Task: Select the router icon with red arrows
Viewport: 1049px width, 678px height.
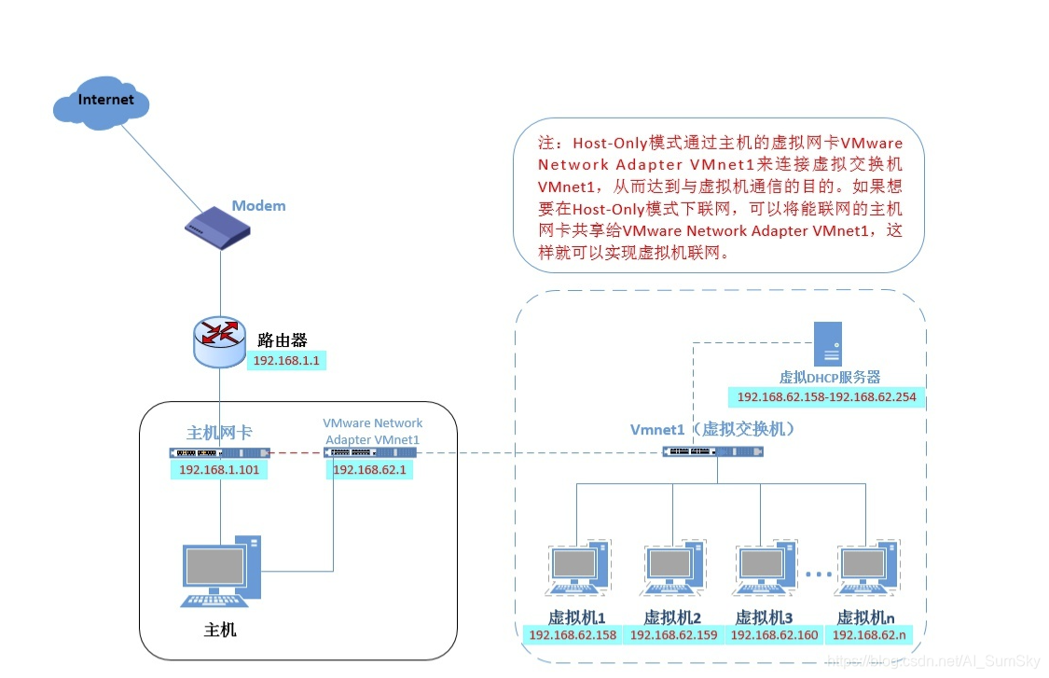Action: (220, 341)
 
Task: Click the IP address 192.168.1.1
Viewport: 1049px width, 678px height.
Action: (287, 361)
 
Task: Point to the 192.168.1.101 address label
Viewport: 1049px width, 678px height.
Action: (219, 470)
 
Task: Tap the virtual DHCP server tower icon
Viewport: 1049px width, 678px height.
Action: (828, 343)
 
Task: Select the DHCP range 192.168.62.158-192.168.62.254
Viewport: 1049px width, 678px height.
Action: (826, 397)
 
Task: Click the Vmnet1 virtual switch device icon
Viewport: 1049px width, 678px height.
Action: (713, 451)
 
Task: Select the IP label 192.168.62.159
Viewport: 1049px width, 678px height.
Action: (674, 635)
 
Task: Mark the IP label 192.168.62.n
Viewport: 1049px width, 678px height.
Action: (867, 635)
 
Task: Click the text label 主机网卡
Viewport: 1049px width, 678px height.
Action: (219, 433)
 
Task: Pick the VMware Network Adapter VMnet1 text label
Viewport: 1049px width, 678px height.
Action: (372, 431)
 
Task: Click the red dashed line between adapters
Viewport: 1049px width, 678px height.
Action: (297, 452)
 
